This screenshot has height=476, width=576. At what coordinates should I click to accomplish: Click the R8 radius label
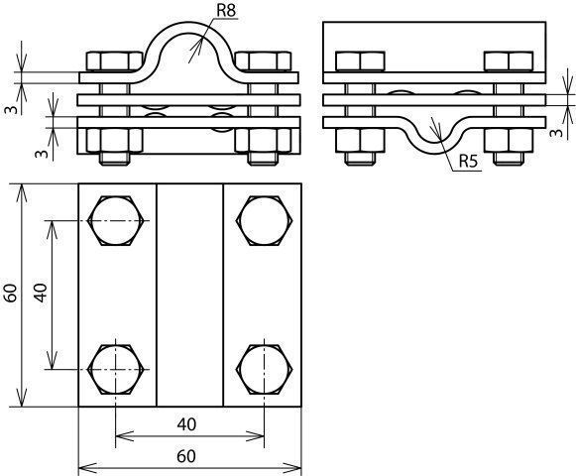point(226,10)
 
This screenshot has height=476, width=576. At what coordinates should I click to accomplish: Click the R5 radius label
point(468,162)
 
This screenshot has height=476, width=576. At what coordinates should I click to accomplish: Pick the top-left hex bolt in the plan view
point(116,220)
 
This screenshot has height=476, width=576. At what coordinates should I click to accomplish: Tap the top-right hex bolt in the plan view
point(264,220)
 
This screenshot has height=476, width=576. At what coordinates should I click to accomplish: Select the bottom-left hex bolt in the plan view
point(116,369)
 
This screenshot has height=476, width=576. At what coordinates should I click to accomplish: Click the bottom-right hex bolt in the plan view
point(264,369)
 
